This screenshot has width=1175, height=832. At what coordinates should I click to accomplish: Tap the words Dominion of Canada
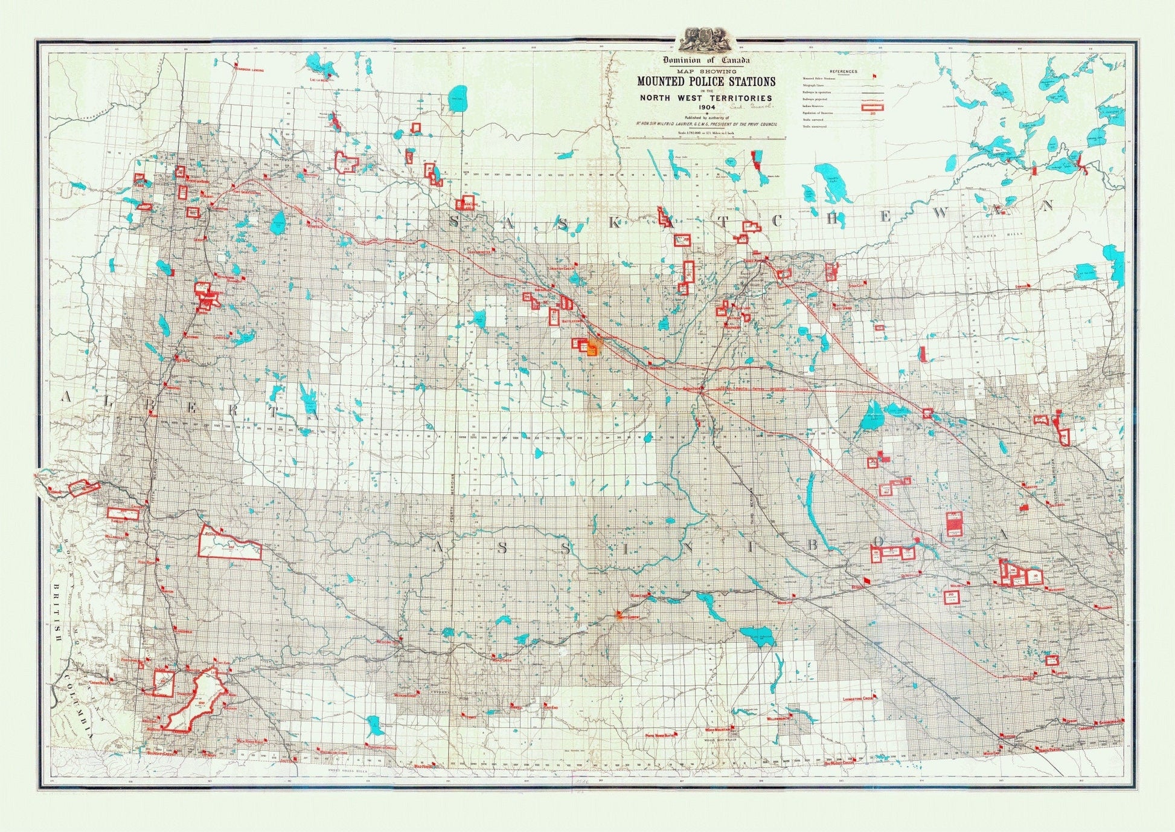click(x=706, y=60)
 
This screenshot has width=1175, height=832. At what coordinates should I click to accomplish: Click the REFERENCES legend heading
click(x=843, y=71)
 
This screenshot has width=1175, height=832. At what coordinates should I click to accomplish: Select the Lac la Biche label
click(x=319, y=79)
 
